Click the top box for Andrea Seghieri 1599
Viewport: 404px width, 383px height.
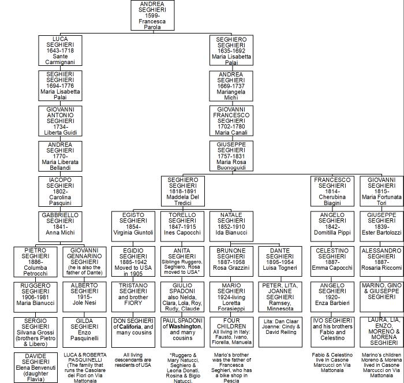[155, 15]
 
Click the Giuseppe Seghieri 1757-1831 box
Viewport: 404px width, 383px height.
[231, 156]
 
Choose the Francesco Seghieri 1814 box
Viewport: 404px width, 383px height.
[332, 191]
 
